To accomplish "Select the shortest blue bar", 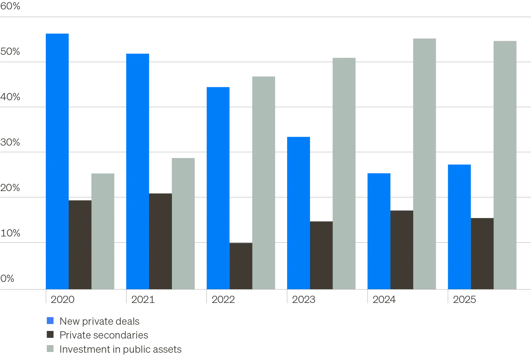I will [x=379, y=230].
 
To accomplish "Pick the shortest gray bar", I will [x=103, y=230].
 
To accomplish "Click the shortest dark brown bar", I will [x=241, y=265].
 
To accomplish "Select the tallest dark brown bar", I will [x=160, y=240].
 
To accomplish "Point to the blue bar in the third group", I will [x=218, y=187].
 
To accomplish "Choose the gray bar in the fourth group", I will [x=345, y=172].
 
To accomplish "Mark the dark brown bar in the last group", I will [x=482, y=254].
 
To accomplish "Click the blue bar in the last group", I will [x=459, y=226].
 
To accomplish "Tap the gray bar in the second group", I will [x=183, y=223].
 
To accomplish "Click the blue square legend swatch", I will [x=51, y=321].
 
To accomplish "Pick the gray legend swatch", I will [x=51, y=349].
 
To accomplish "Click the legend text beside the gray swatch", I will [x=120, y=349].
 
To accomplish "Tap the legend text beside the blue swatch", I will [x=98, y=321].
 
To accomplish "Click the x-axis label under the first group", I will [x=62, y=300].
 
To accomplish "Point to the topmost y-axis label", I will [x=10, y=6].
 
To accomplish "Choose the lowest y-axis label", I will [x=7, y=278].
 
